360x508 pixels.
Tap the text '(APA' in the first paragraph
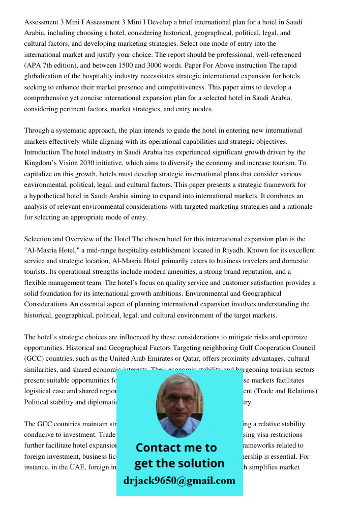tap(34, 66)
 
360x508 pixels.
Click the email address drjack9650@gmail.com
tap(179, 481)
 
